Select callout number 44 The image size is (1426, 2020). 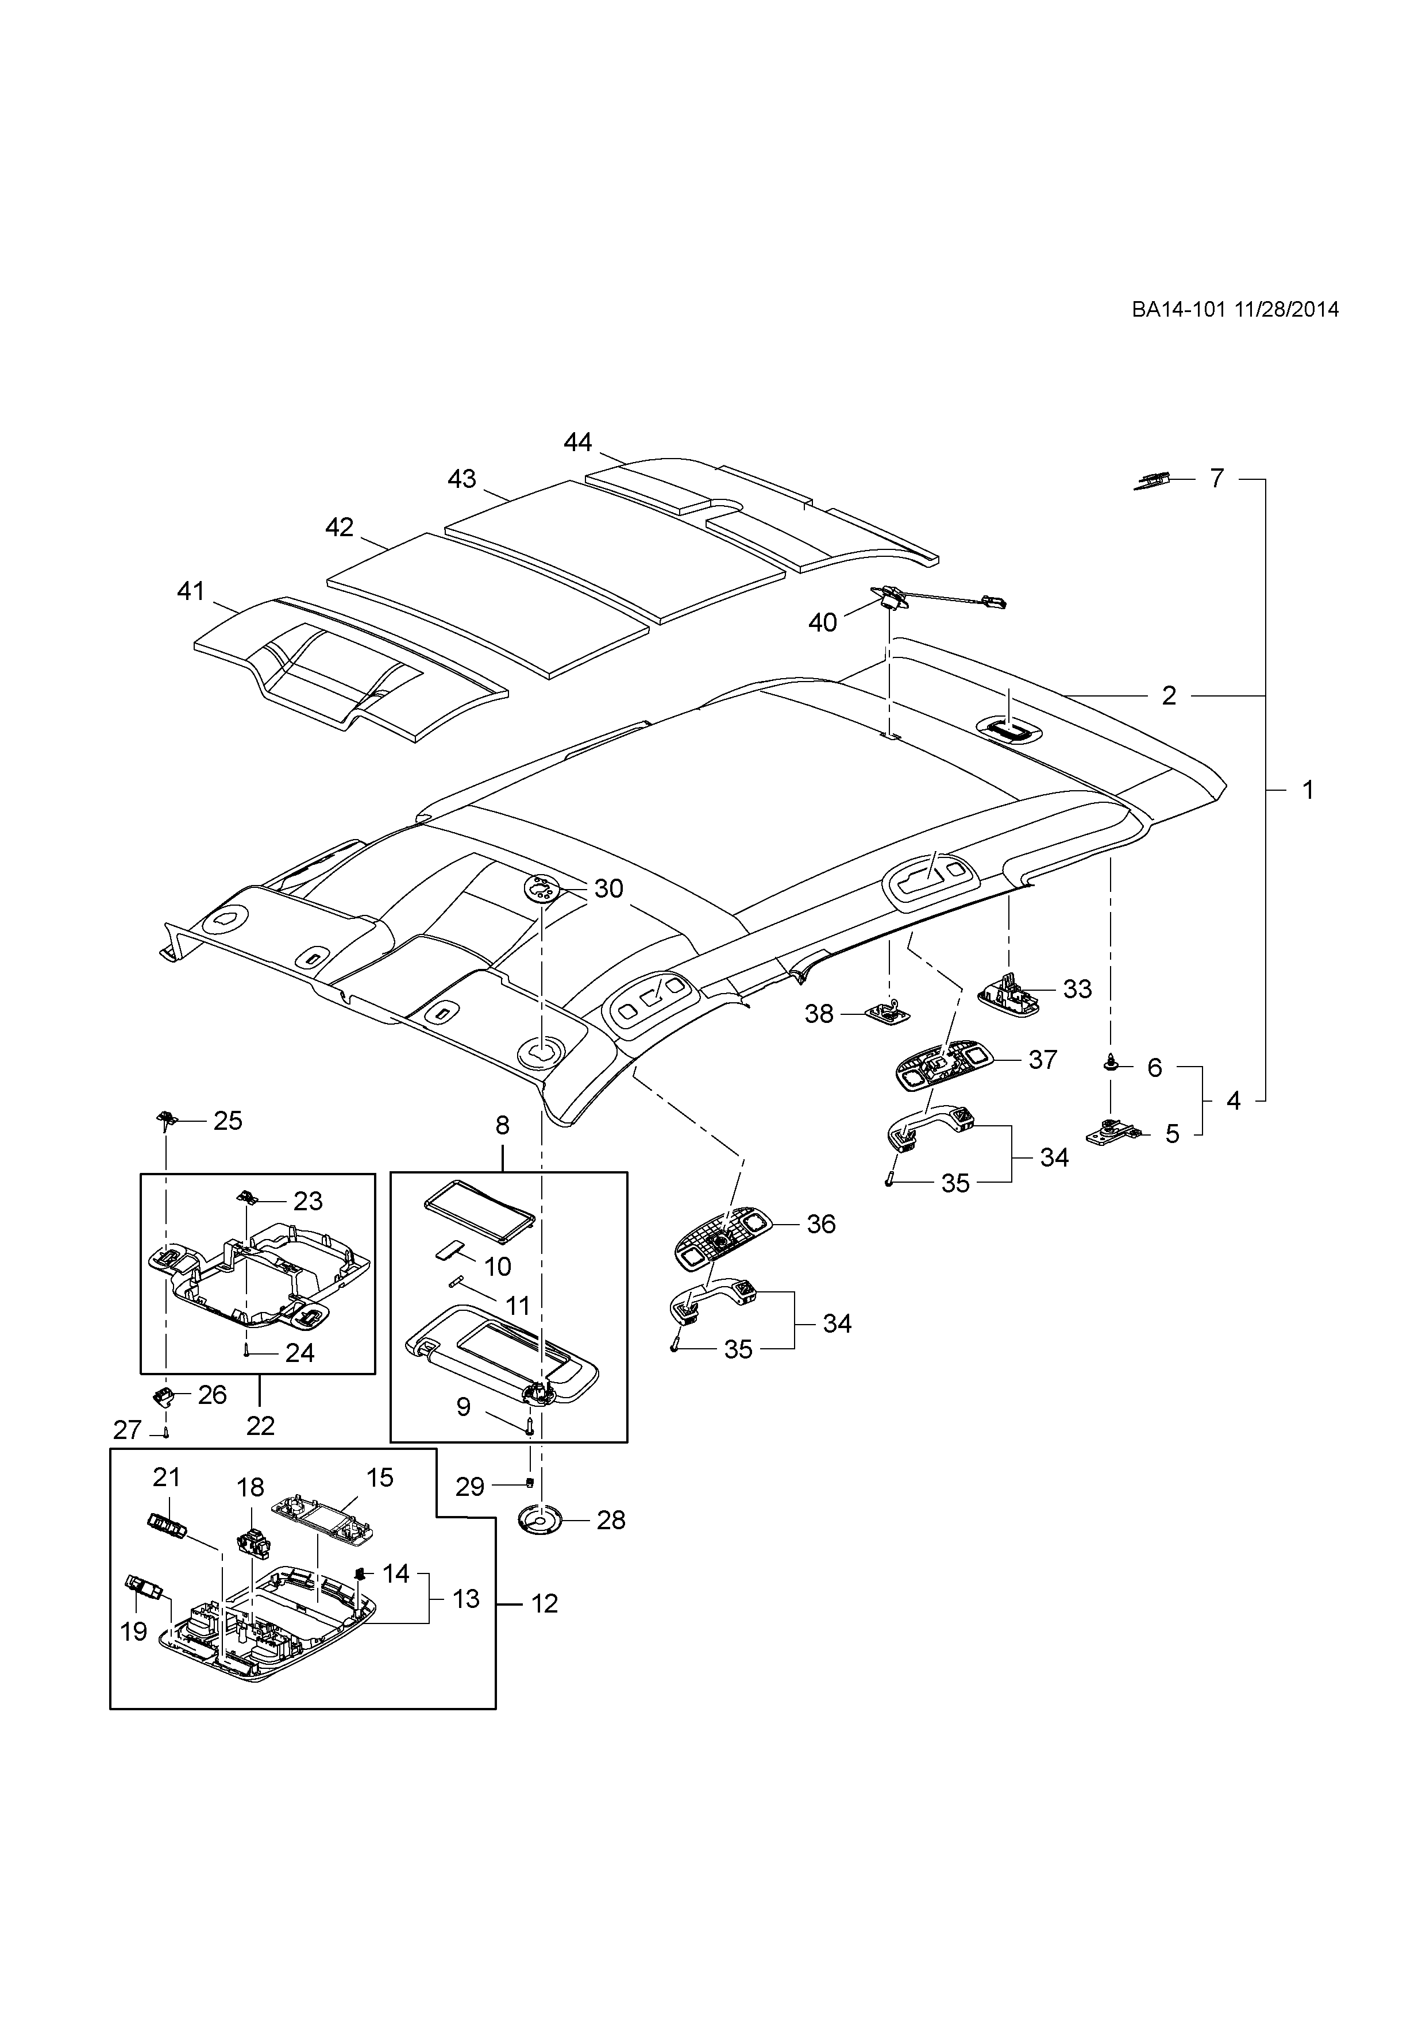578,442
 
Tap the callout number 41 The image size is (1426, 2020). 191,591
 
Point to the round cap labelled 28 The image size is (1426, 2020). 539,1520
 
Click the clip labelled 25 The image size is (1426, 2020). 164,1119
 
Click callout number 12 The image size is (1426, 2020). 545,1603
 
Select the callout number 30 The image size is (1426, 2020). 608,888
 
